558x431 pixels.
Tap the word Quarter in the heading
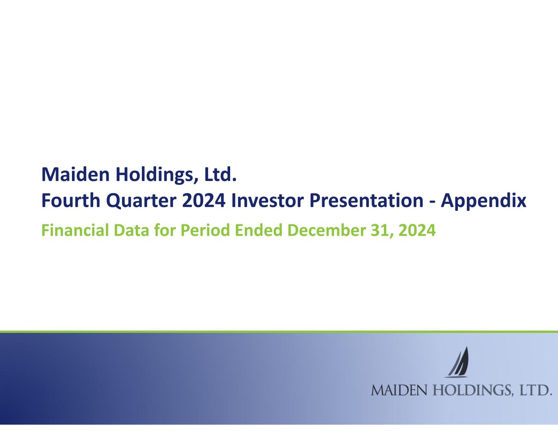(141, 201)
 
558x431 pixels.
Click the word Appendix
(484, 201)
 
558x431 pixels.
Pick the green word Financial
(75, 230)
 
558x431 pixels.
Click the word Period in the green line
(205, 230)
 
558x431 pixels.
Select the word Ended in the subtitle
(259, 230)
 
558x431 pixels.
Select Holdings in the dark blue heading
(155, 175)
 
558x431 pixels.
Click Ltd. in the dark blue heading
(220, 174)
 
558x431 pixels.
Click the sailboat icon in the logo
(458, 362)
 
